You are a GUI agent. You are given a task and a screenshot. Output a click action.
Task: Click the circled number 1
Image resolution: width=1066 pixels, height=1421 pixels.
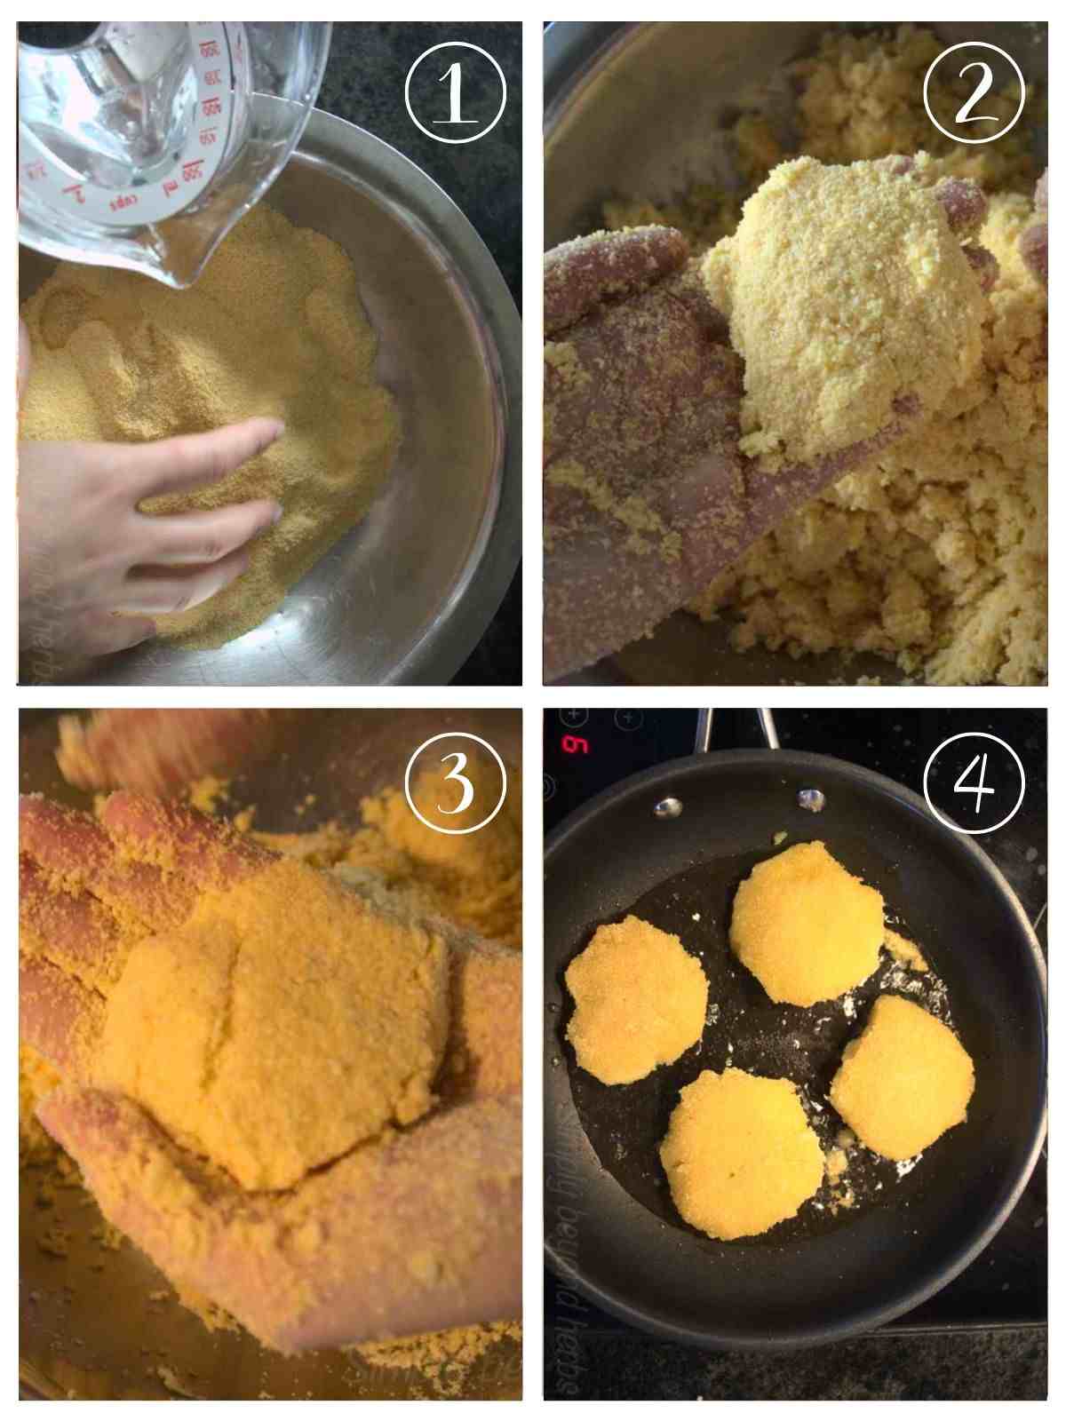point(455,92)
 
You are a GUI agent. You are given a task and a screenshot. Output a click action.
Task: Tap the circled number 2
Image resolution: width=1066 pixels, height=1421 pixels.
point(974,92)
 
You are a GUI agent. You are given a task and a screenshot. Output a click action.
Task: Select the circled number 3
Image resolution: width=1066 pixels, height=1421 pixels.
point(455,782)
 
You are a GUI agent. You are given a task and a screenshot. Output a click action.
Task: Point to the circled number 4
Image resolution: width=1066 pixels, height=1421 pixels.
point(974,782)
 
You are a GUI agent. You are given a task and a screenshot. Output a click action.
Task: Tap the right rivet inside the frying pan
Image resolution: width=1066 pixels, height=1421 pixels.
point(810,799)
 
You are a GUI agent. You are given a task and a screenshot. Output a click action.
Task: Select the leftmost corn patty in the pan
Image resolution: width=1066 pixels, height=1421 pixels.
point(636,1002)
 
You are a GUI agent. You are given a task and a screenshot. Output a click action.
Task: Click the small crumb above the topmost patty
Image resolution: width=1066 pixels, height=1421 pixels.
point(779,837)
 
